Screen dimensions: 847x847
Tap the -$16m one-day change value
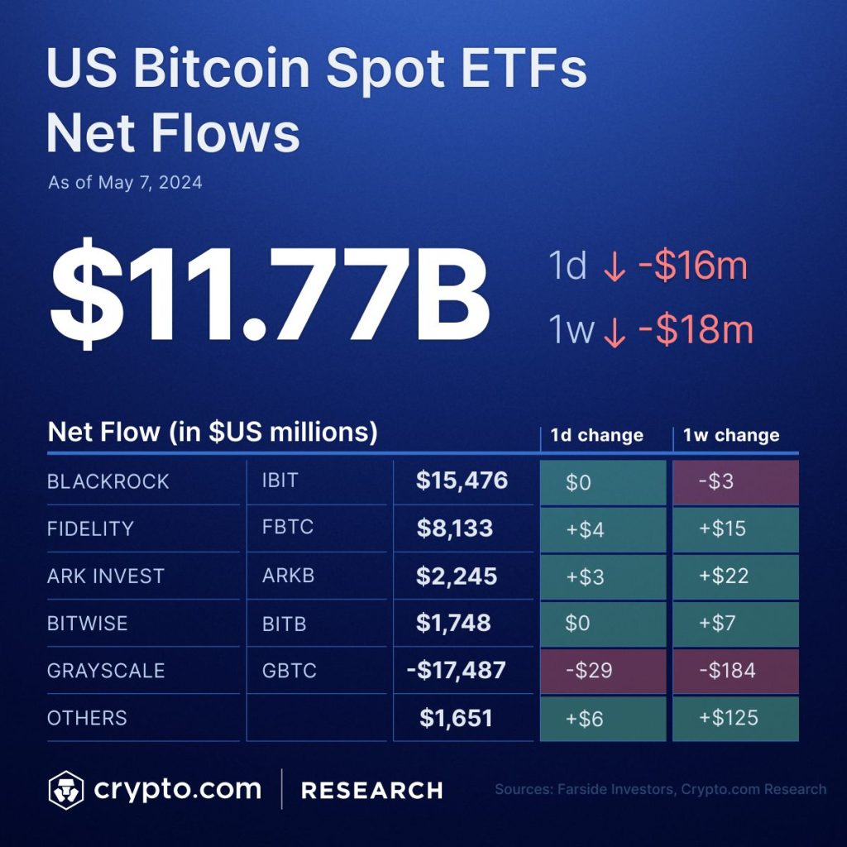point(692,267)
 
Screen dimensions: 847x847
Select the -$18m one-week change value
point(696,331)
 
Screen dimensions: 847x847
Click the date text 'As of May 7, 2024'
point(125,183)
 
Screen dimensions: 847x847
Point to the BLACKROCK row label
point(108,482)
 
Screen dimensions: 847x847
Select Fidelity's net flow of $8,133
point(455,529)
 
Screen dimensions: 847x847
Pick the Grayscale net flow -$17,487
point(456,670)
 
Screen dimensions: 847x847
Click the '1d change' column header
point(597,435)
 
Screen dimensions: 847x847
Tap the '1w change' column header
point(731,435)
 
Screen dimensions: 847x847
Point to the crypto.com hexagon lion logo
point(66,790)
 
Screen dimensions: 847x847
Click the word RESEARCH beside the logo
point(371,790)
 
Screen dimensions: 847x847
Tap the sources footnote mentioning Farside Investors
point(660,789)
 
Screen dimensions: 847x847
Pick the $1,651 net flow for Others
point(456,718)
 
